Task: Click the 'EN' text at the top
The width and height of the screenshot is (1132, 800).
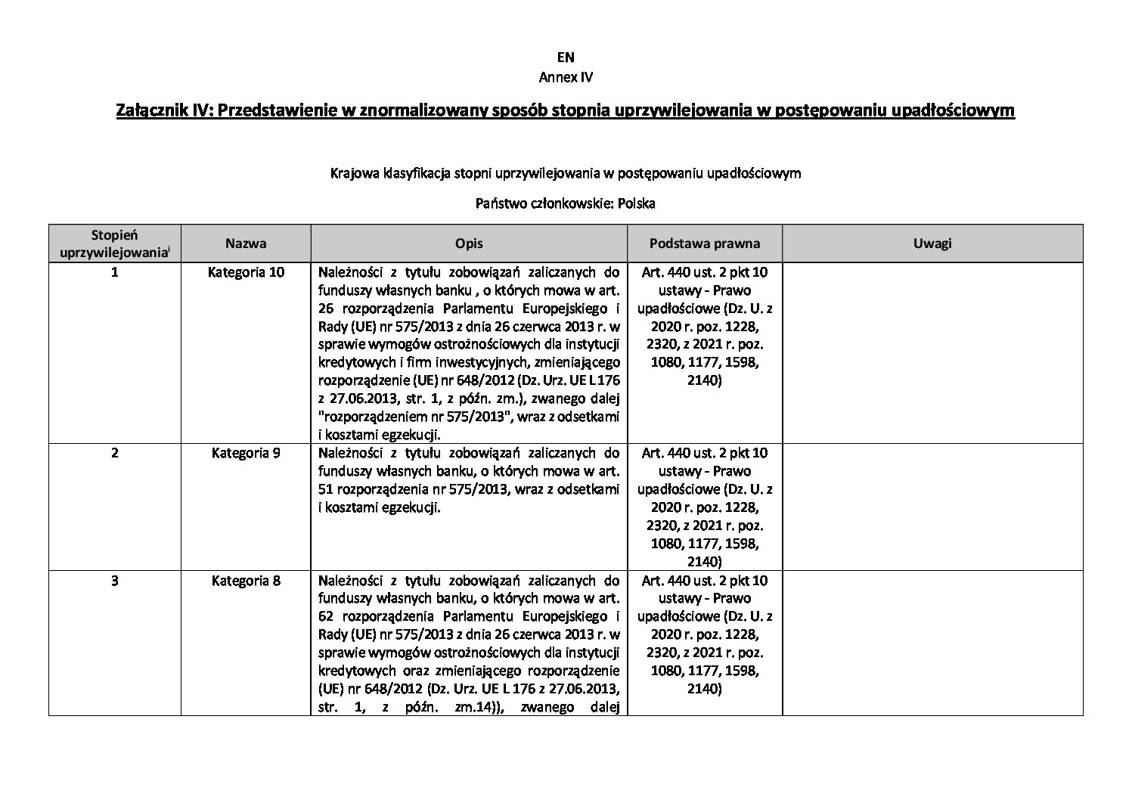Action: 566,57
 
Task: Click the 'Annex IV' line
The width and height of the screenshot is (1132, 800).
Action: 566,77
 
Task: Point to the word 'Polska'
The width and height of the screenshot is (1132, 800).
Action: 636,203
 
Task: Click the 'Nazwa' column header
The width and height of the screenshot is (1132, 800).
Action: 246,243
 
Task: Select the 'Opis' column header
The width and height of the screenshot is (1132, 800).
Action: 469,243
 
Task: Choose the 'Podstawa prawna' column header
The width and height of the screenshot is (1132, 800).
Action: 705,243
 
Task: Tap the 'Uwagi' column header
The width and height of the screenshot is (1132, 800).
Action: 932,243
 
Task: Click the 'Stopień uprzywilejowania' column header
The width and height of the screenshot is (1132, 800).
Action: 114,243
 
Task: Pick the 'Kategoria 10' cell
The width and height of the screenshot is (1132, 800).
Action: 246,272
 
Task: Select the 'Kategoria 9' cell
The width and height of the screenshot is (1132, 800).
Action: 246,453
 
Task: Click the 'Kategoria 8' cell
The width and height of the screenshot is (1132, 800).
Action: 246,581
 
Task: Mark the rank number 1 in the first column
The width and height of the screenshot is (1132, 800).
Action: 114,272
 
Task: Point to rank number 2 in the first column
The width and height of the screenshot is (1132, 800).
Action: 114,453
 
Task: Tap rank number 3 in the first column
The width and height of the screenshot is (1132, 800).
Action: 114,581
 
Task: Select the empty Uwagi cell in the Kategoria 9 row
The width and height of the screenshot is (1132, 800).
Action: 932,507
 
